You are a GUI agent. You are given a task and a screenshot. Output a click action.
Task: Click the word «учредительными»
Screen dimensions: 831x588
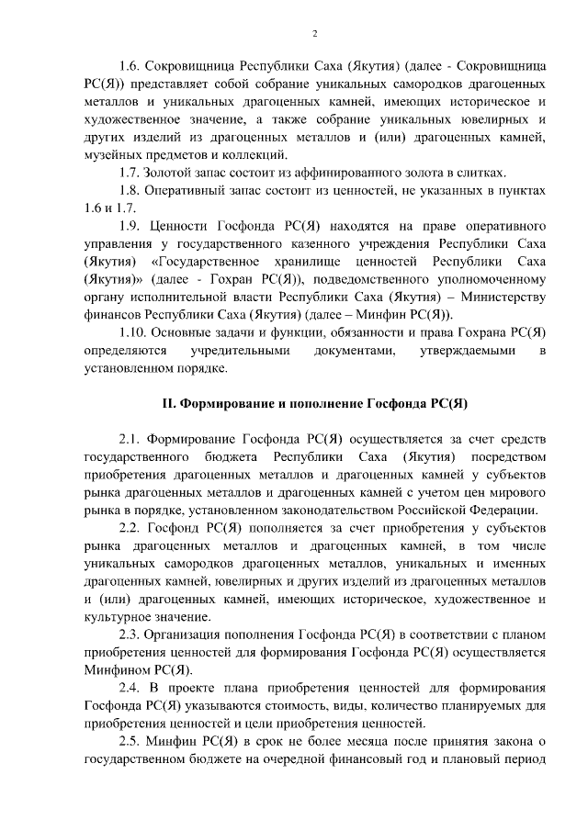pyautogui.click(x=238, y=351)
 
